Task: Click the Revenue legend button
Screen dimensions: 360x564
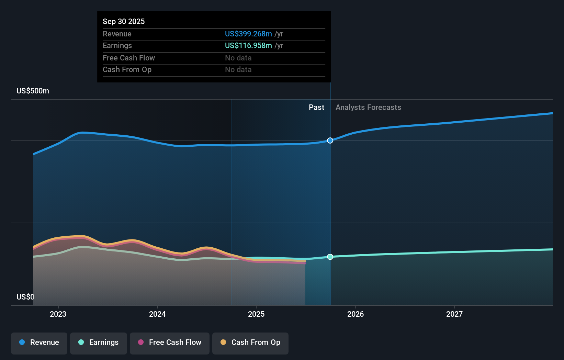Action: click(x=39, y=342)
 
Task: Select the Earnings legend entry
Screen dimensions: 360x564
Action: click(x=99, y=342)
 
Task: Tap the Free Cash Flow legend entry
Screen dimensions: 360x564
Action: click(x=170, y=342)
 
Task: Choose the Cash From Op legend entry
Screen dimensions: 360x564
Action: click(x=250, y=342)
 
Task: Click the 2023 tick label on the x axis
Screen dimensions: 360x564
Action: click(x=58, y=314)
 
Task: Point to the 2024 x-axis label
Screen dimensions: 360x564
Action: click(x=157, y=314)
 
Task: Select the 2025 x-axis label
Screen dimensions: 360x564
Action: click(x=256, y=314)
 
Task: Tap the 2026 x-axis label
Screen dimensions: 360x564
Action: click(x=355, y=314)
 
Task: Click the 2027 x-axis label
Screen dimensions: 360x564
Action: click(x=454, y=314)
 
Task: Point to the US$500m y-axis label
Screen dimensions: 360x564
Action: click(x=33, y=91)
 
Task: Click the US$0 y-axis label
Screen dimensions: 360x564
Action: click(x=25, y=297)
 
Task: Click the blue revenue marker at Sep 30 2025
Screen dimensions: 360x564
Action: click(x=330, y=140)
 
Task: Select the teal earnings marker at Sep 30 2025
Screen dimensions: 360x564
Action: click(x=330, y=257)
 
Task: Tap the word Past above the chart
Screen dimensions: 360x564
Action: click(x=316, y=108)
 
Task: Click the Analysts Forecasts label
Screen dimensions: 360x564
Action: click(x=368, y=108)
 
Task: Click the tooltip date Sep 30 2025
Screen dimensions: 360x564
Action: click(x=124, y=21)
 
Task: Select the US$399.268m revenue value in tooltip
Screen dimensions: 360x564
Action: click(x=248, y=34)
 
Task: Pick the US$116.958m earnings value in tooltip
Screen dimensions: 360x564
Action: click(x=248, y=46)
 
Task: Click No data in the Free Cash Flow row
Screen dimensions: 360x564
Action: click(x=238, y=58)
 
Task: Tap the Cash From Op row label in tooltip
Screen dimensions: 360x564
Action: click(x=127, y=70)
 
